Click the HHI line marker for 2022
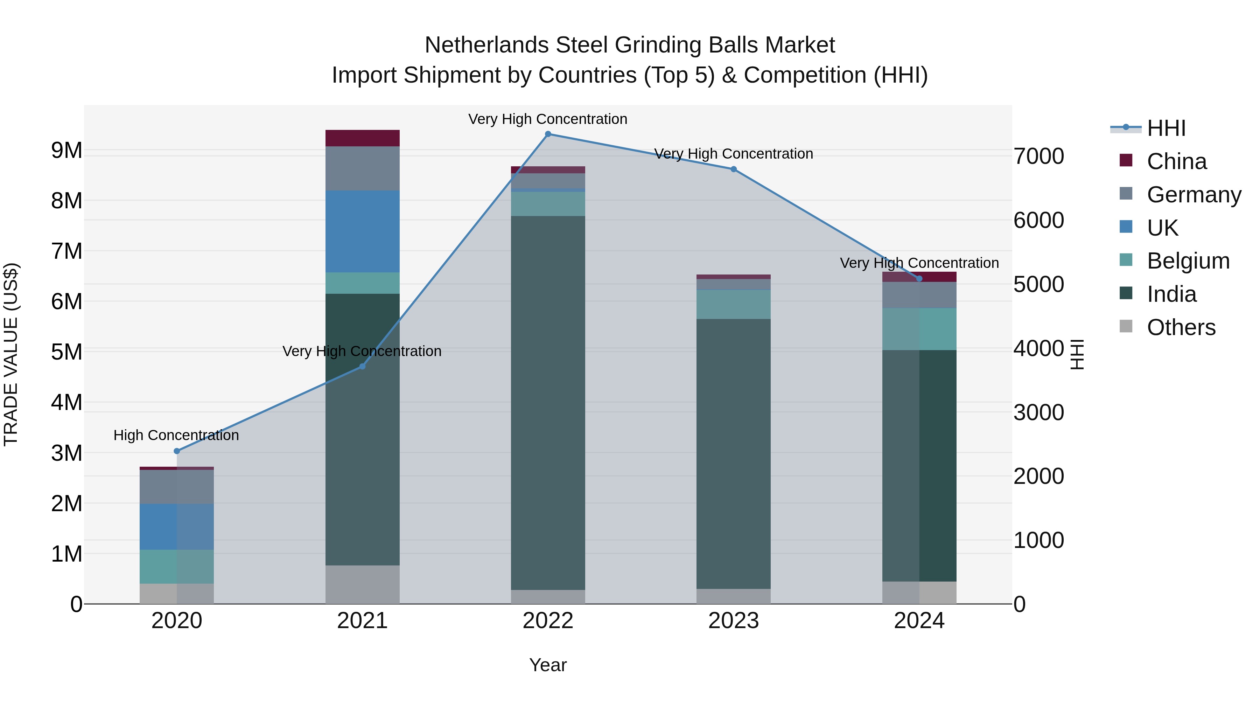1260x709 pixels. click(x=548, y=134)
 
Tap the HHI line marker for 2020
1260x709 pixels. click(x=177, y=451)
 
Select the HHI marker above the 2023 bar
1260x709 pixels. click(x=733, y=169)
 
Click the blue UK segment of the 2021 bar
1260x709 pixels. click(x=363, y=231)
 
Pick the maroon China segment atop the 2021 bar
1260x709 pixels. click(x=363, y=138)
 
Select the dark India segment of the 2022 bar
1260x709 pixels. click(x=548, y=401)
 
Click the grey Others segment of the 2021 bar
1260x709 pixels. click(x=363, y=584)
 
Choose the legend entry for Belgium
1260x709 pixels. click(x=1188, y=261)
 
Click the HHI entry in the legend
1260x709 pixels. click(x=1166, y=128)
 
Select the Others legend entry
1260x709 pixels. click(x=1181, y=327)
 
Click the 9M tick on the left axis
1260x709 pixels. click(x=66, y=150)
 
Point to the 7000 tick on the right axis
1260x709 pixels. click(x=1038, y=157)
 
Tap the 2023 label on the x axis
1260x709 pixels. click(x=733, y=621)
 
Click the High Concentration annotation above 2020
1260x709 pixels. click(x=176, y=435)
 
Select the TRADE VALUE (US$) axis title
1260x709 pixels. click(x=11, y=354)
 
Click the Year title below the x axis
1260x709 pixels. click(x=548, y=665)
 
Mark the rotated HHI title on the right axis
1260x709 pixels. click(x=1077, y=354)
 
